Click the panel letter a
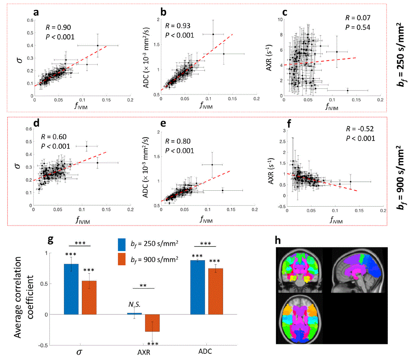pos(37,13)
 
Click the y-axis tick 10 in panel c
pos(280,19)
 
